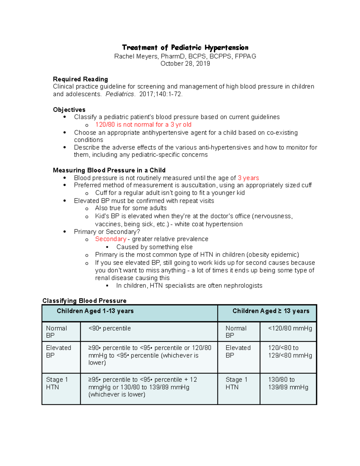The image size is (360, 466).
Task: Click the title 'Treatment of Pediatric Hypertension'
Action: tap(185, 47)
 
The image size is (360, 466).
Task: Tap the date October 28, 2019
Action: tap(185, 64)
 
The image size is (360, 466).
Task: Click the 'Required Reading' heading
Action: tap(80, 79)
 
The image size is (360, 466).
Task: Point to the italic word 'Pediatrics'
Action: tap(120, 94)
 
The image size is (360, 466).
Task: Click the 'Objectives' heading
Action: tap(69, 110)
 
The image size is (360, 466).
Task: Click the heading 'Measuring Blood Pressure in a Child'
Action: tap(109, 170)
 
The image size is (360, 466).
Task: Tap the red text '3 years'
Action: tap(248, 178)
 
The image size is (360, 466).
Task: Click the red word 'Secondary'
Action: tap(111, 239)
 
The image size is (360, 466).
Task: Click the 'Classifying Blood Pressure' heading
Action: tap(84, 301)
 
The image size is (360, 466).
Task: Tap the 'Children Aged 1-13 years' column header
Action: tap(95, 311)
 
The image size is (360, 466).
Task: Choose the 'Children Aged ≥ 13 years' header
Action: tap(271, 311)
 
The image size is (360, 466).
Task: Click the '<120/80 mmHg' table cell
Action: tap(290, 329)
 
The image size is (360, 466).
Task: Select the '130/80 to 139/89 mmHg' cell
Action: tap(288, 383)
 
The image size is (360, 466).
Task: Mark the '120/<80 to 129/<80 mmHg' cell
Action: tap(290, 352)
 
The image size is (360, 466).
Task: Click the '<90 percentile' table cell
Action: tap(109, 329)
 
